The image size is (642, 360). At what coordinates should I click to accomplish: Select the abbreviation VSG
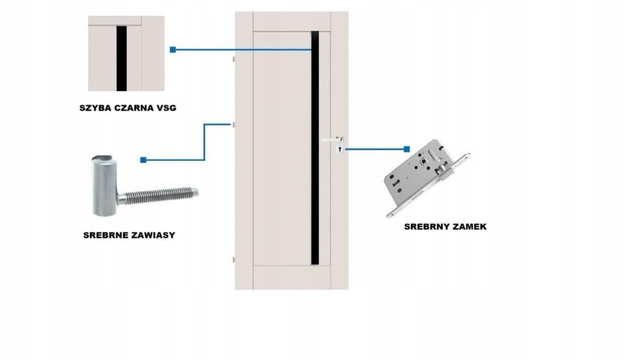(166, 108)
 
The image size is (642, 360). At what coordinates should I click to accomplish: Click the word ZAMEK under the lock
(468, 227)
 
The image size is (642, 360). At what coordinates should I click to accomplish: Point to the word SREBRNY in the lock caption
(426, 227)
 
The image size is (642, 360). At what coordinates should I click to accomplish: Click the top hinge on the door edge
(234, 59)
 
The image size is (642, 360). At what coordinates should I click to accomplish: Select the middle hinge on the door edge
(234, 123)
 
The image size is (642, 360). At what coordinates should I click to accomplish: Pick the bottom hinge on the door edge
(234, 260)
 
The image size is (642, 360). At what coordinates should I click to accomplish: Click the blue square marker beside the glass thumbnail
(172, 49)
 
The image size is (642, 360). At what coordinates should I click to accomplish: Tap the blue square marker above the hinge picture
(143, 160)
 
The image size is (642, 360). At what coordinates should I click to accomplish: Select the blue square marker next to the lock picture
(407, 150)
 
